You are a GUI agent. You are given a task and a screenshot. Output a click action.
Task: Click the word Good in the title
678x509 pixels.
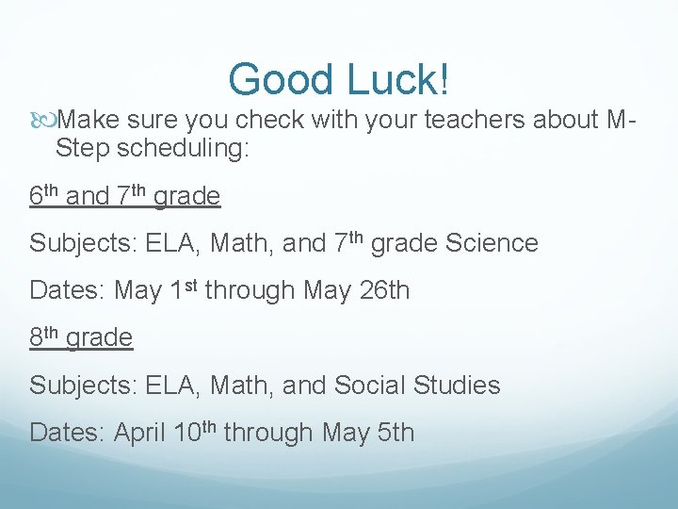(x=273, y=79)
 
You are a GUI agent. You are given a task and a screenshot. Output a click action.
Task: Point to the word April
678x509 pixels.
(x=140, y=433)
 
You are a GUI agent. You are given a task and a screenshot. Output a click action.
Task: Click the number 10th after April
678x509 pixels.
(x=196, y=432)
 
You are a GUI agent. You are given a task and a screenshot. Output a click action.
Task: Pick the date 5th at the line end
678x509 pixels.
(x=395, y=433)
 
